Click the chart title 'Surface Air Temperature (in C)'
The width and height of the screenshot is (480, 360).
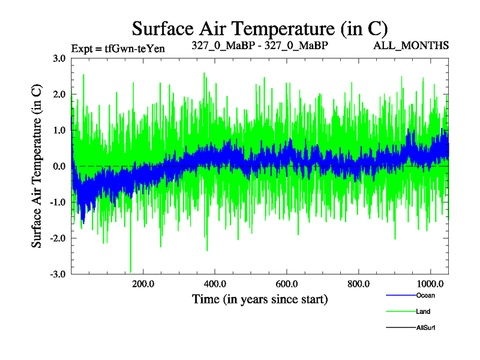pos(259,28)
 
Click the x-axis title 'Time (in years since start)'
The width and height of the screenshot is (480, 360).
pos(260,298)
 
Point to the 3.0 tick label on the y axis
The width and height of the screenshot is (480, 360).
pos(59,58)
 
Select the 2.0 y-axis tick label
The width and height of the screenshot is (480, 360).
pos(59,94)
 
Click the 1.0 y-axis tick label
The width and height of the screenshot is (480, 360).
pos(59,130)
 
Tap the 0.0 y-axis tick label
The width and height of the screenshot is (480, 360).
pos(59,166)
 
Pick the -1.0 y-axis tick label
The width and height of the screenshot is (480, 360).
pos(58,202)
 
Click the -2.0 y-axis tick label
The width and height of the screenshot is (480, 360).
pos(58,238)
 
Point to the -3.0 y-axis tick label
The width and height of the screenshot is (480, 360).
pos(58,274)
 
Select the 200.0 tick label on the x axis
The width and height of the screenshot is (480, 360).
pos(143,283)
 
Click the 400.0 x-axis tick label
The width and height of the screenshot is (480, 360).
pos(215,283)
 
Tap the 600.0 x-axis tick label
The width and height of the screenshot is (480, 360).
pos(287,283)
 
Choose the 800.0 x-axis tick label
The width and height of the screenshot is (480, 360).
pos(359,283)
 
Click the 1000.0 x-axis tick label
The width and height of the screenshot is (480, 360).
pos(429,283)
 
